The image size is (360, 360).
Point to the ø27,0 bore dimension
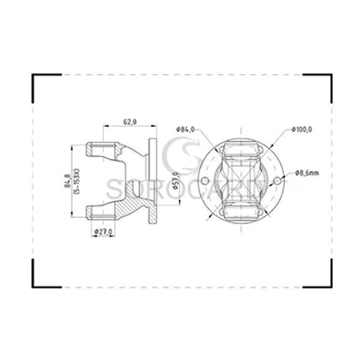click(x=103, y=232)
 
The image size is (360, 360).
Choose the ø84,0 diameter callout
click(x=186, y=128)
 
